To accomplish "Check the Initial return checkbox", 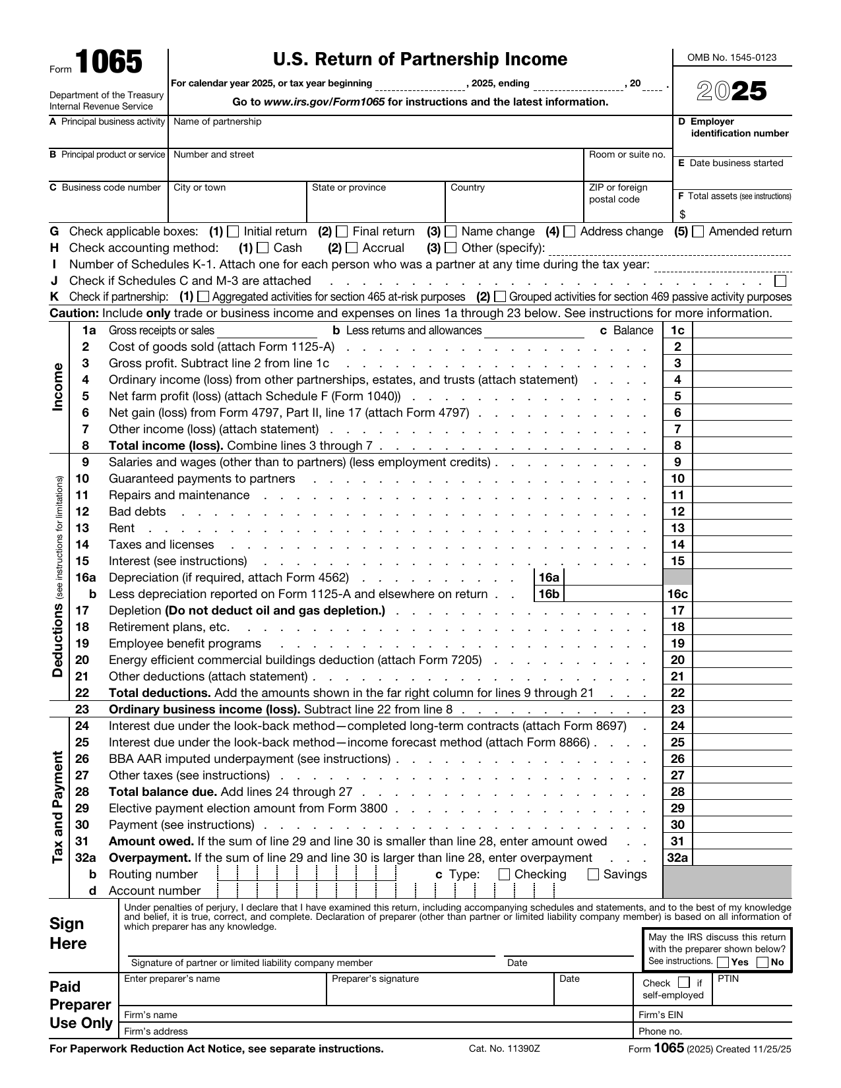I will pos(233,231).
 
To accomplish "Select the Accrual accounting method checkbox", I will pos(352,248).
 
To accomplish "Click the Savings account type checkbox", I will pos(593,874).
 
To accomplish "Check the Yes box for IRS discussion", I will pos(723,962).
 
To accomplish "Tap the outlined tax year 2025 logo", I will pos(732,91).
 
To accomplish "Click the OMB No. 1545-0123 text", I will pos(732,57).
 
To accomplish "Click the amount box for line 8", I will pos(741,446).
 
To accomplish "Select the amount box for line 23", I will pos(741,710).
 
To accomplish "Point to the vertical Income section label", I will pos(58,388).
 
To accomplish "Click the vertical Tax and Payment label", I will pos(58,808).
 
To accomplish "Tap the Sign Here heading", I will pos(68,933).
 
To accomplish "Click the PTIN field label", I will pos(728,979).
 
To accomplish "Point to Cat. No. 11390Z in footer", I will pos(505,1048).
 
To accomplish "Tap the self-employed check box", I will pos(684,982).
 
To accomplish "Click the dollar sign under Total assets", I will pos(683,215).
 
